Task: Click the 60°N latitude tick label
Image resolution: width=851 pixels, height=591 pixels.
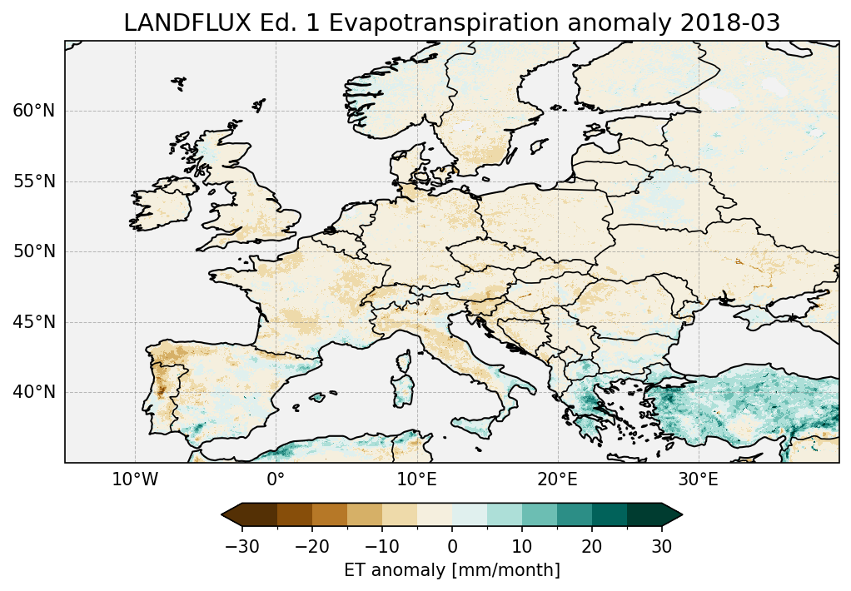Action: tap(34, 111)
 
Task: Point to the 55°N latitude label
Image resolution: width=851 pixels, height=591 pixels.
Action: tap(34, 181)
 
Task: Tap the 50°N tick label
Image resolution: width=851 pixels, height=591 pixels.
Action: tap(34, 251)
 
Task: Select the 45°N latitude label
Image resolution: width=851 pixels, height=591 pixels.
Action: tap(34, 322)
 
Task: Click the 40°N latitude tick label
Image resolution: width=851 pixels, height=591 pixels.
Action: tap(34, 392)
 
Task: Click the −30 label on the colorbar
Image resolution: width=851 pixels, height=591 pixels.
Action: tap(242, 546)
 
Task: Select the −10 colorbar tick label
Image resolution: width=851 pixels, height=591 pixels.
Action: tap(382, 546)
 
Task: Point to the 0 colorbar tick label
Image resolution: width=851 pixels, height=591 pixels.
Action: tap(452, 546)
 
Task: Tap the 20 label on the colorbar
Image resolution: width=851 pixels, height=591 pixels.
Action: tap(592, 546)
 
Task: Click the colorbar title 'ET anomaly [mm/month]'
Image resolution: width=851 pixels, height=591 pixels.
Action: tap(452, 570)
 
